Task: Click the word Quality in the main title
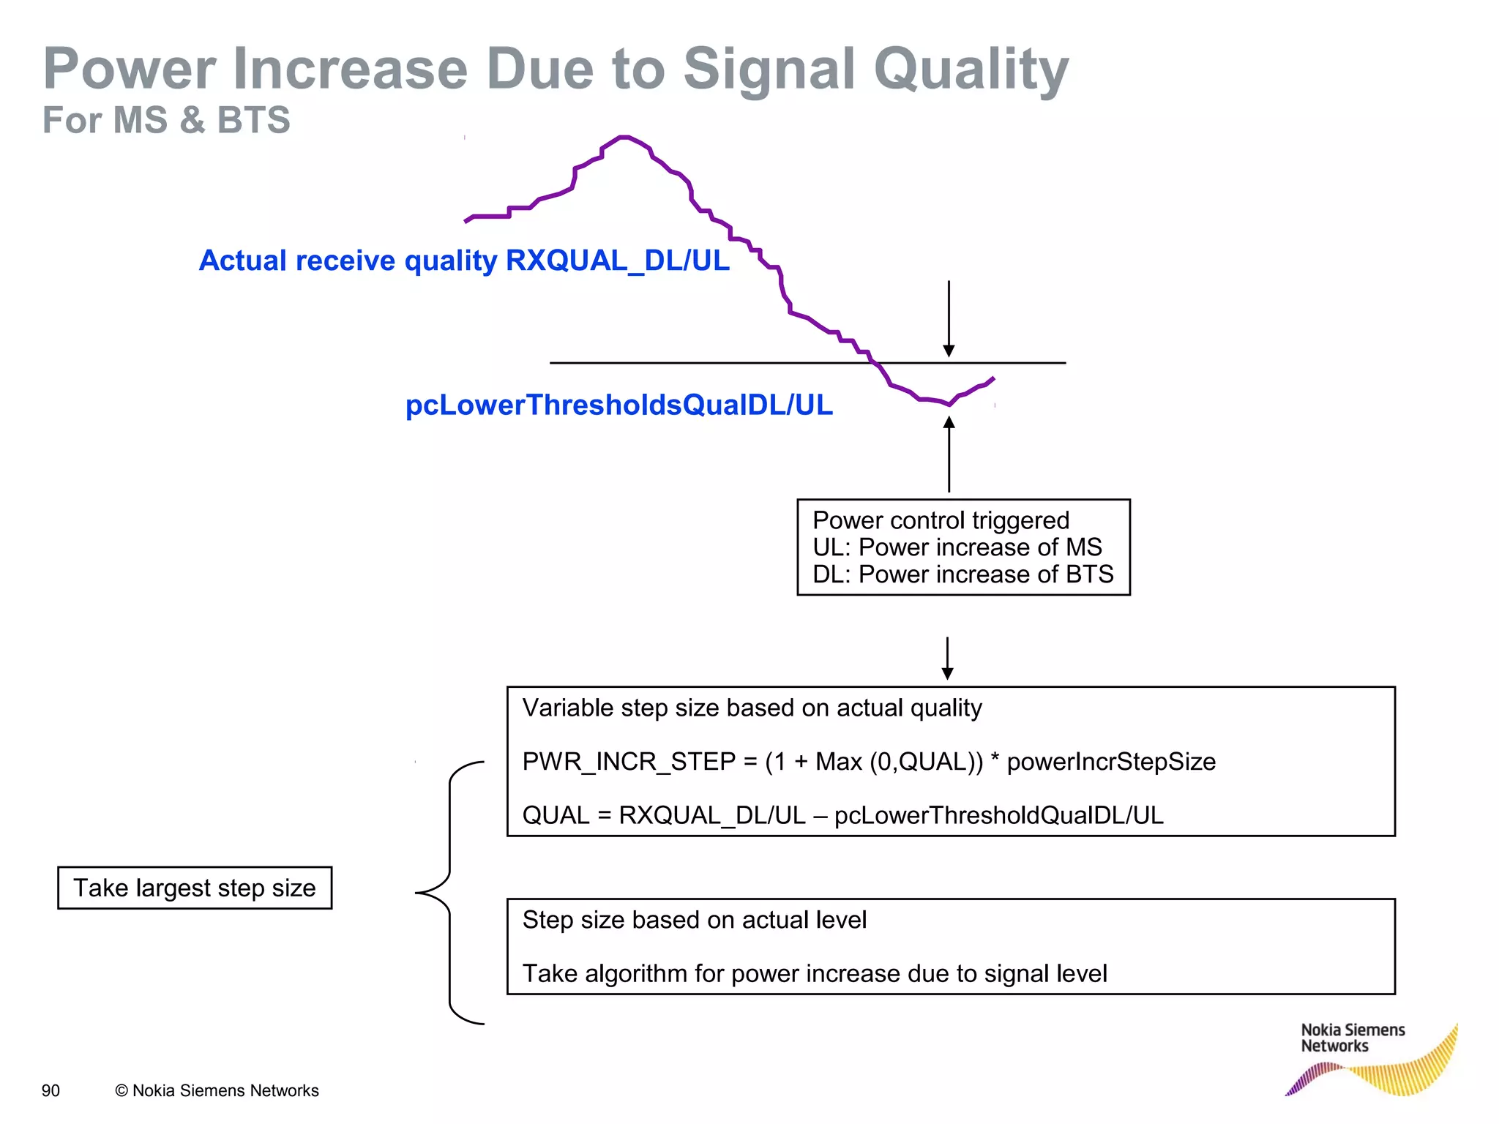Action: pos(971,70)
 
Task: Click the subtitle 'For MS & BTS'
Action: pos(166,120)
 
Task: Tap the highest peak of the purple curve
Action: pos(624,137)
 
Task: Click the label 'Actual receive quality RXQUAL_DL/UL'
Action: pos(464,261)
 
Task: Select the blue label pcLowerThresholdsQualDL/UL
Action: pos(618,405)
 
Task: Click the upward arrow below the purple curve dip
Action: pos(949,454)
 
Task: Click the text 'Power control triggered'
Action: pos(941,520)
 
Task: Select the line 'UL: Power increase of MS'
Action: pos(957,547)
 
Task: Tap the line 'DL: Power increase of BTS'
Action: pos(962,574)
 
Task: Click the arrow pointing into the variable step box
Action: pos(947,659)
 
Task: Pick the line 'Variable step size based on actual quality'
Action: pos(752,708)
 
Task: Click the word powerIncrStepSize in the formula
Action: pos(1110,762)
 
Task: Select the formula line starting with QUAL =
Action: pos(842,815)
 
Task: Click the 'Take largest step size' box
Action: pos(195,888)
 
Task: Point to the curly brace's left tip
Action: pos(418,893)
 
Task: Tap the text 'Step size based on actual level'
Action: pos(694,920)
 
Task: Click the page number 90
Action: pos(51,1090)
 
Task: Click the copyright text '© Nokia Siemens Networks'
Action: pos(217,1090)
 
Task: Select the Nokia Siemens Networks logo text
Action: pos(1352,1038)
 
